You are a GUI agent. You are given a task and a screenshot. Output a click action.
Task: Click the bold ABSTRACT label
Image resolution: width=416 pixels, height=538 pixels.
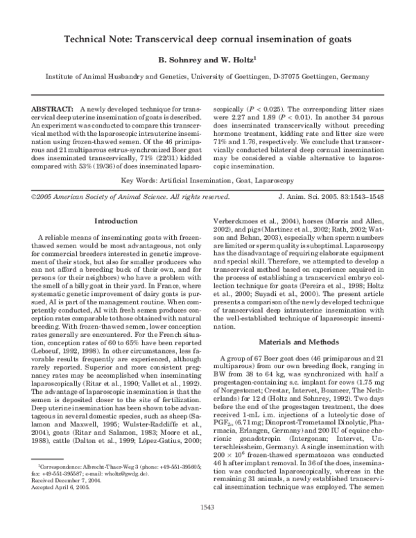[x=53, y=110]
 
